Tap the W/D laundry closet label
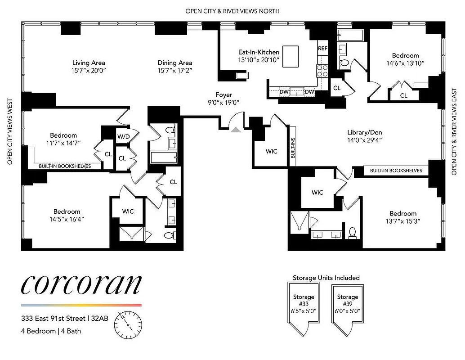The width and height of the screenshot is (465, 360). pyautogui.click(x=123, y=136)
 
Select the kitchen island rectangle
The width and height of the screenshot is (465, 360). pyautogui.click(x=291, y=56)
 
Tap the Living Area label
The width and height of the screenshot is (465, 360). pyautogui.click(x=89, y=63)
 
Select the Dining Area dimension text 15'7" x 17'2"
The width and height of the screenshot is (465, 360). pyautogui.click(x=175, y=71)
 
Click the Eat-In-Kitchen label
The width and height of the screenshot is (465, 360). pyautogui.click(x=259, y=52)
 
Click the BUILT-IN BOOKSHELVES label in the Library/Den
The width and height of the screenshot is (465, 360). pyautogui.click(x=396, y=171)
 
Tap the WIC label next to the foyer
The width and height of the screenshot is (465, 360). pyautogui.click(x=271, y=152)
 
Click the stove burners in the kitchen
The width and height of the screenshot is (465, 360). pyautogui.click(x=322, y=70)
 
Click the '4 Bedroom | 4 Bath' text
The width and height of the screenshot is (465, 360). pyautogui.click(x=51, y=331)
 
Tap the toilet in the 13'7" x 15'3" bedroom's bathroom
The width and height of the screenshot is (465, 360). pyautogui.click(x=352, y=232)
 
